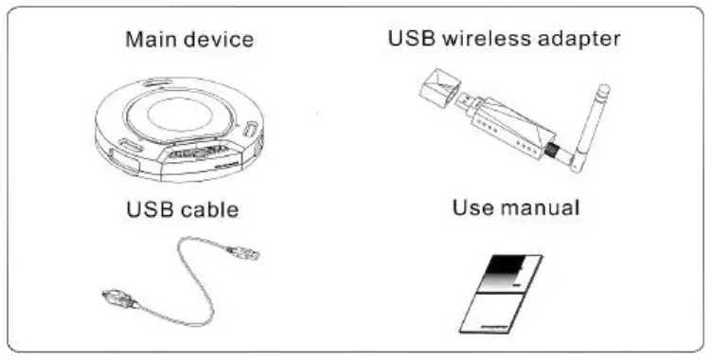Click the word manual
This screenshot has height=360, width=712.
(x=539, y=207)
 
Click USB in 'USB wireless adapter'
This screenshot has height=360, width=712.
(x=411, y=41)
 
